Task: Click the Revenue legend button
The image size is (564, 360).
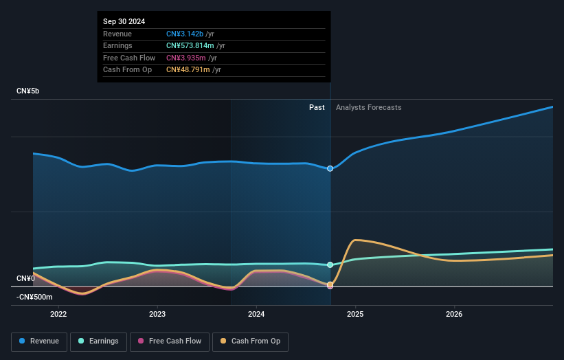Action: [x=39, y=341]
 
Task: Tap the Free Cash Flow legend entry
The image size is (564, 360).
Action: [x=170, y=341]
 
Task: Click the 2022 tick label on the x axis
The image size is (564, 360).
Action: [x=58, y=315]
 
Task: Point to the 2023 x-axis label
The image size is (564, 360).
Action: [x=157, y=315]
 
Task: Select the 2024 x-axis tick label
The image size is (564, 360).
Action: [x=256, y=315]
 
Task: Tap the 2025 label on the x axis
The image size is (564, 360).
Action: [x=355, y=315]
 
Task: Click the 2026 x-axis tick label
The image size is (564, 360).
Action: [x=454, y=315]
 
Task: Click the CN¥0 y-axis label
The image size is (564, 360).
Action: [x=25, y=278]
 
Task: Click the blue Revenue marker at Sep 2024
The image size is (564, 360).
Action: [x=330, y=168]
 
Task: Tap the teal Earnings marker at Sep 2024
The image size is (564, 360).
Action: [x=330, y=265]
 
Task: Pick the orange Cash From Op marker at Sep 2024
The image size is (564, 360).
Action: [x=330, y=284]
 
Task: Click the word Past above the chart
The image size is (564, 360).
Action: [x=317, y=107]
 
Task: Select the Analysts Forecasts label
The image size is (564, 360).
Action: [x=368, y=107]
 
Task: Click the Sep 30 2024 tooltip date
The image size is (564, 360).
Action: [x=126, y=22]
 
